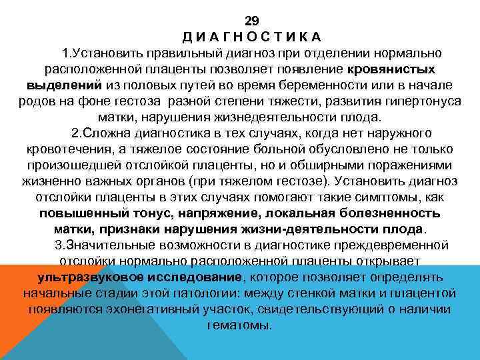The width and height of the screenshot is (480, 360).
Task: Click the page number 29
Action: [x=251, y=21]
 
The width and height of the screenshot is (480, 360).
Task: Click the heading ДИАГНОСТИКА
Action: [x=252, y=37]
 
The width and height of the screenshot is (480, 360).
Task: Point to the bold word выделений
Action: [x=64, y=85]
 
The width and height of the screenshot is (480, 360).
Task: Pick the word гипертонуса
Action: [x=416, y=102]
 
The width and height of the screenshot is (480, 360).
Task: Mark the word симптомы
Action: [x=392, y=197]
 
